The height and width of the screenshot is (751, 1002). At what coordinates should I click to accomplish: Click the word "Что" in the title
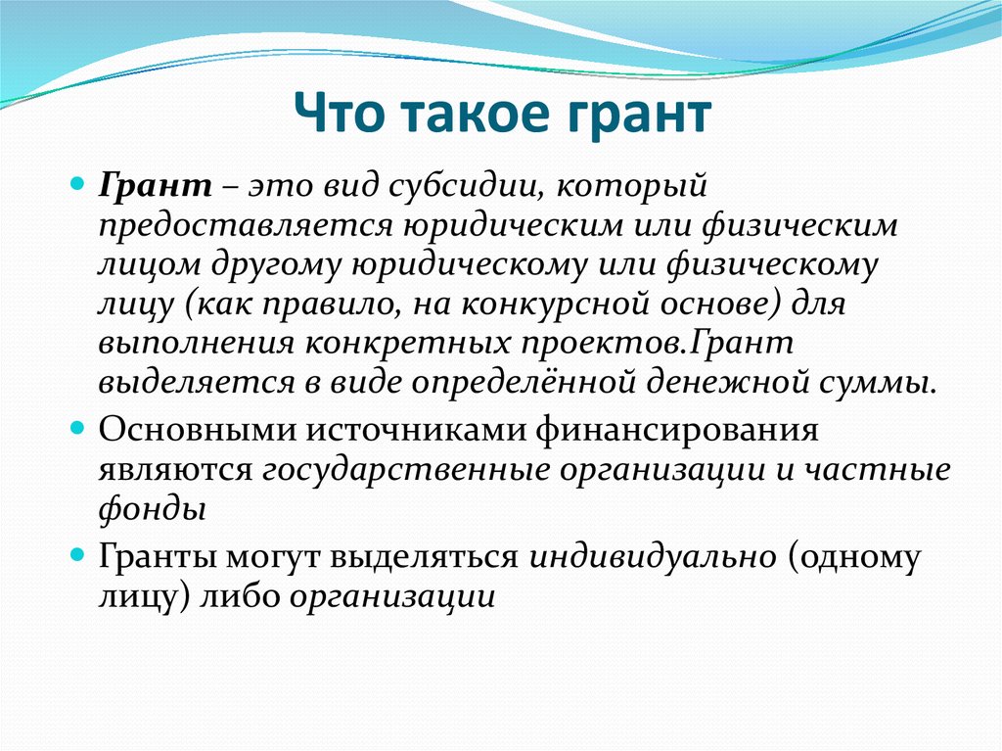341,114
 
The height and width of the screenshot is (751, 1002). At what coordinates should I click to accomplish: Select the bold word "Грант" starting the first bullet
156,185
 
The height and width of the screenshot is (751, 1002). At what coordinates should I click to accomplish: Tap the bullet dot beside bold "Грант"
77,185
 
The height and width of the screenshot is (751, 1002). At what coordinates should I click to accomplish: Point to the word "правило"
333,305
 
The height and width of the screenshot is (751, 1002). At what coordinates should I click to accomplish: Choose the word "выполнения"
197,344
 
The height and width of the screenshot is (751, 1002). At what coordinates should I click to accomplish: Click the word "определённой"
524,383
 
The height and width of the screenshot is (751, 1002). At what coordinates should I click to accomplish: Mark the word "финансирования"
677,431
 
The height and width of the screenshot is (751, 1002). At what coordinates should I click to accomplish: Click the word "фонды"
153,510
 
